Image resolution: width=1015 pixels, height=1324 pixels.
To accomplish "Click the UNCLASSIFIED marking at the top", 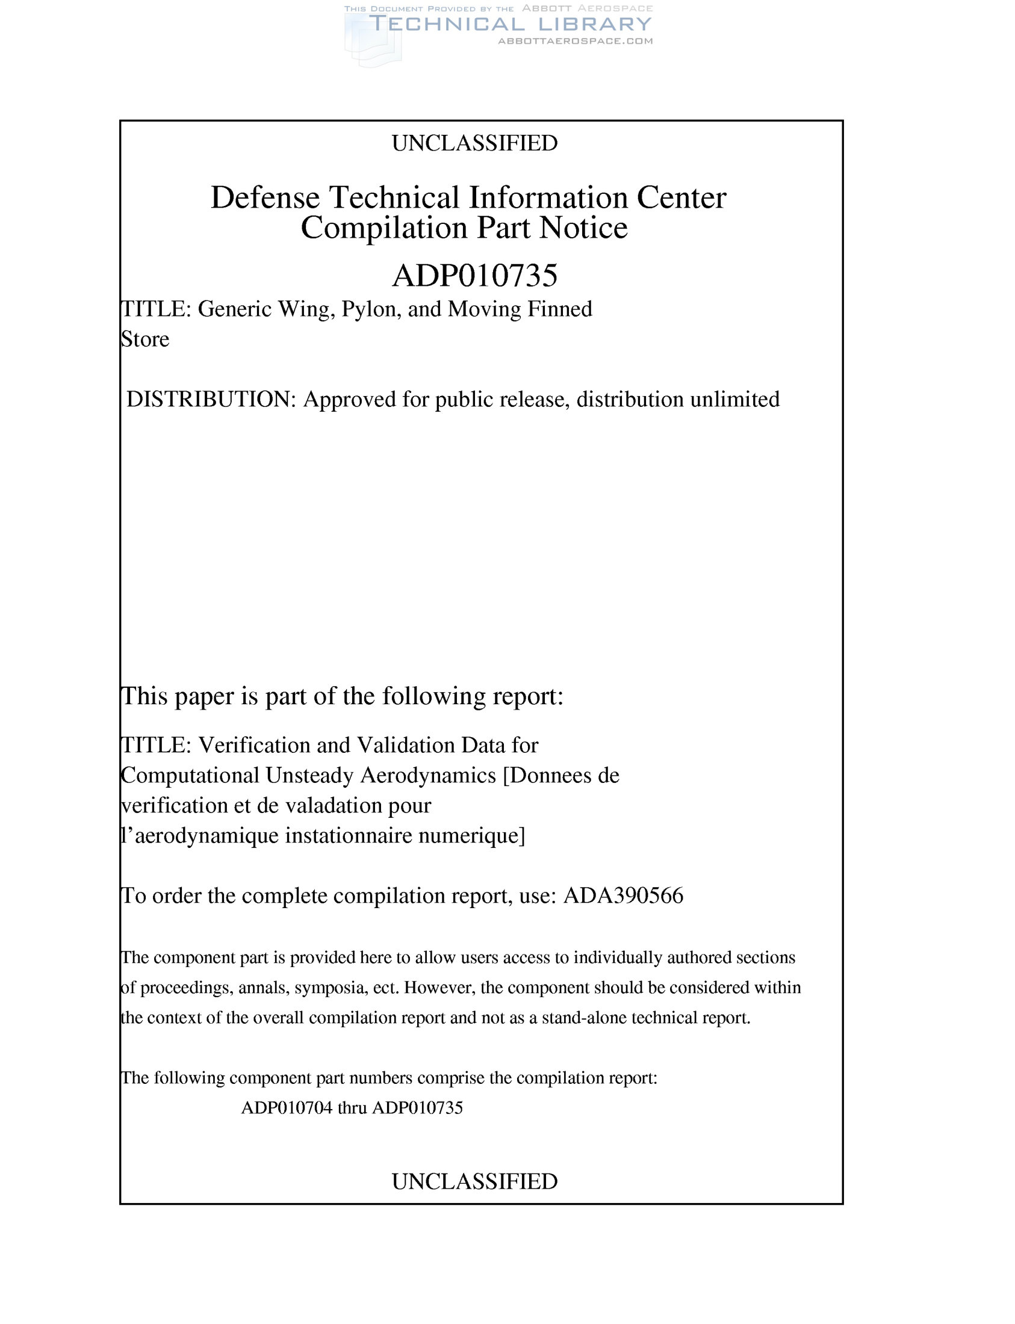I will pyautogui.click(x=474, y=143).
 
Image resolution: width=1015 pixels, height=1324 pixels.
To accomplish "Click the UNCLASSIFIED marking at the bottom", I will pyautogui.click(x=474, y=1181).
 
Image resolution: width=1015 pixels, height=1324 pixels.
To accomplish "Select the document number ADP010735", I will pyautogui.click(x=474, y=276).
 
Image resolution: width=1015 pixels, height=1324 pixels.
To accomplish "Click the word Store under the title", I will pyautogui.click(x=145, y=339).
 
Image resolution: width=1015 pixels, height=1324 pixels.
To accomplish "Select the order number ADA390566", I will pyautogui.click(x=623, y=896).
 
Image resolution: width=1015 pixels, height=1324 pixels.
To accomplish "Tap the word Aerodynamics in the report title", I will pyautogui.click(x=429, y=776).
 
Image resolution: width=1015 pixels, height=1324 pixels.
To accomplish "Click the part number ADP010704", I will pyautogui.click(x=287, y=1108).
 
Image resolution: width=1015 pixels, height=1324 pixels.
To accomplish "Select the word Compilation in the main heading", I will pyautogui.click(x=384, y=228).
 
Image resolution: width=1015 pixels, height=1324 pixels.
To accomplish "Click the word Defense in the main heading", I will pyautogui.click(x=265, y=197).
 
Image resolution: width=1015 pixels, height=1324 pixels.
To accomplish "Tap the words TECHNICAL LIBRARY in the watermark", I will pyautogui.click(x=511, y=24).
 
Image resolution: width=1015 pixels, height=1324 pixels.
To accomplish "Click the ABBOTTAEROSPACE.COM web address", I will pyautogui.click(x=574, y=41).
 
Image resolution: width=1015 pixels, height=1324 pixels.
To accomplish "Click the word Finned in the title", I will pyautogui.click(x=560, y=309).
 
